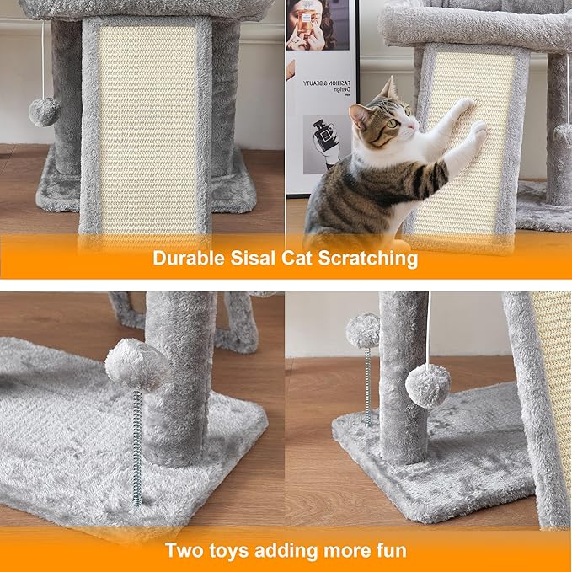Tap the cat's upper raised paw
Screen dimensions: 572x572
click(462, 106)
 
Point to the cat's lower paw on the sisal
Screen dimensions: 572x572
click(477, 130)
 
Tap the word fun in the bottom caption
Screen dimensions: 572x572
click(390, 552)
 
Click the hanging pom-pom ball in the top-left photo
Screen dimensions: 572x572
click(44, 111)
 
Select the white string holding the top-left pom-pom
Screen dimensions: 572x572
click(43, 59)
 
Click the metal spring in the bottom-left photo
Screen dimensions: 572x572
click(136, 446)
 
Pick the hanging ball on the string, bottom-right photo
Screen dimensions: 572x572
click(428, 386)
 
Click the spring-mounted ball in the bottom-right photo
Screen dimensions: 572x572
click(363, 330)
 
